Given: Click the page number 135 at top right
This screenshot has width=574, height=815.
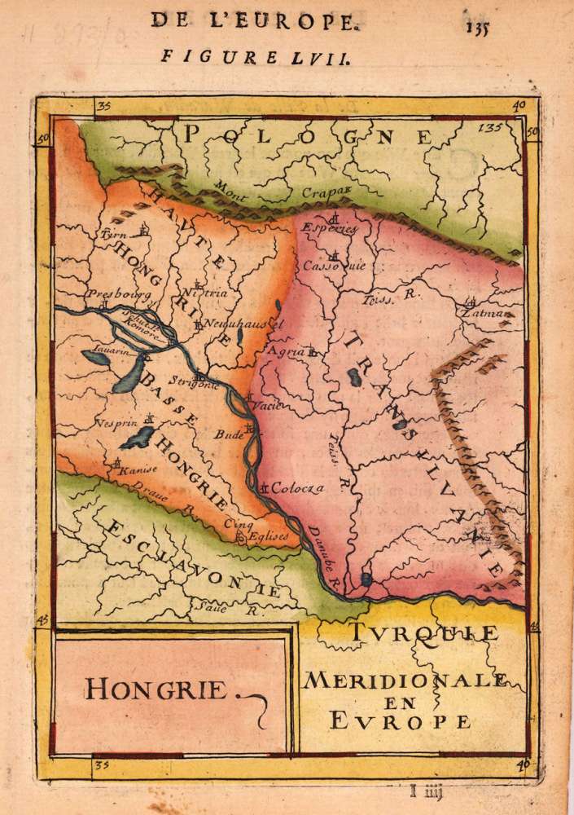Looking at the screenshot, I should point(480,24).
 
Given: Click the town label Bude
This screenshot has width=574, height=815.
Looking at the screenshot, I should point(229,435).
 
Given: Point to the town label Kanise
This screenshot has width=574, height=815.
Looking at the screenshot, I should point(136,469).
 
